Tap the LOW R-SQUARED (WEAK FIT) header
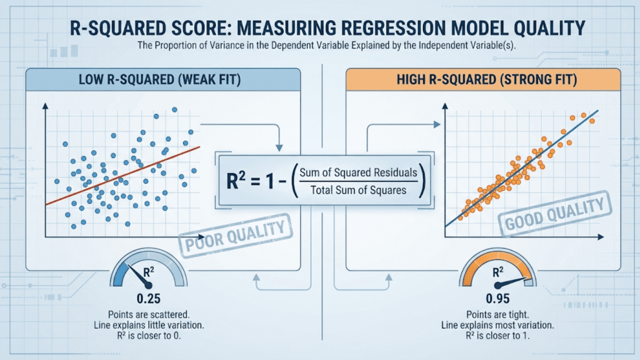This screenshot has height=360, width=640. (x=160, y=80)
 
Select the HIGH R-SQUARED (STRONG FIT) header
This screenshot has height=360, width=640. (x=487, y=80)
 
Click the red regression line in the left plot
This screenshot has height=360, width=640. (x=125, y=175)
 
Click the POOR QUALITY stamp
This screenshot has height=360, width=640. (x=235, y=236)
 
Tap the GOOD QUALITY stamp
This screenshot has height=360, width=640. (x=555, y=214)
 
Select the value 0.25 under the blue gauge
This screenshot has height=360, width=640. (x=148, y=299)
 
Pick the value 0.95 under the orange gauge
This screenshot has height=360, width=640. (x=497, y=299)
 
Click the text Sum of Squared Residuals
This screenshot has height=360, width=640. (x=358, y=172)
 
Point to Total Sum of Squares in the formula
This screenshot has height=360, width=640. (x=358, y=190)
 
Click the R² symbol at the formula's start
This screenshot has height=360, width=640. (x=235, y=181)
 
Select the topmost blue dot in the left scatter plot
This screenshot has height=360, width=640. (x=175, y=110)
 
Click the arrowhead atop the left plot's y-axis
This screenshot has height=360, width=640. (x=45, y=106)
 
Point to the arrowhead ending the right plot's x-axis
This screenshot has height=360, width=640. (x=601, y=237)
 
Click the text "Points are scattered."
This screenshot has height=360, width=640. (x=148, y=315)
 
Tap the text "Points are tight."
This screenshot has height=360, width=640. (x=497, y=315)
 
